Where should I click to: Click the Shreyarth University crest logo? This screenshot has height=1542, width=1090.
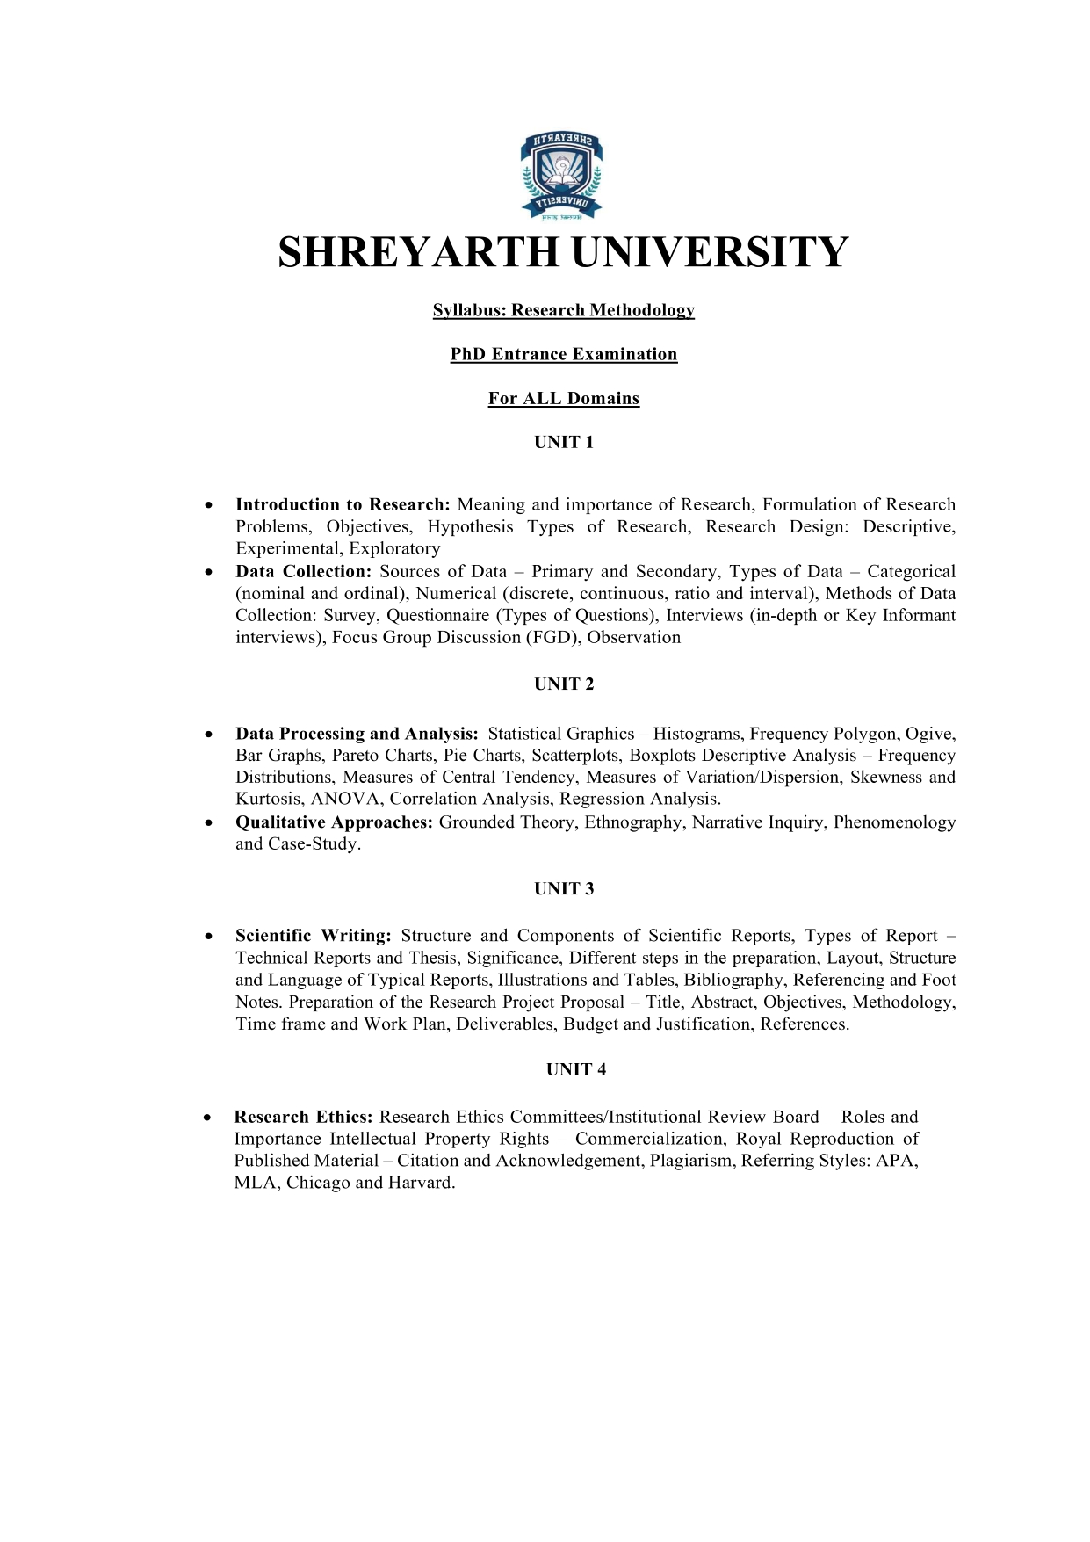tap(562, 176)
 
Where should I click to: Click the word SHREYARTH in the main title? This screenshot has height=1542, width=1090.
tap(418, 253)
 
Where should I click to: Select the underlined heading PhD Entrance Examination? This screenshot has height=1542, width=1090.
tap(564, 354)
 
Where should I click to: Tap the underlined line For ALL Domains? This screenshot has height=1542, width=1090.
tap(564, 399)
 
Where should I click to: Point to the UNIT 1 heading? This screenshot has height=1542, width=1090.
tap(564, 443)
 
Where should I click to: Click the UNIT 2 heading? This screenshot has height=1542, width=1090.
tap(564, 684)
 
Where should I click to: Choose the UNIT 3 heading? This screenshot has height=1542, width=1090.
tap(564, 889)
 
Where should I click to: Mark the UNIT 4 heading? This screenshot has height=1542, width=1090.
tap(576, 1070)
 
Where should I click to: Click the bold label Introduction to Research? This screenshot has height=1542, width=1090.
tap(343, 505)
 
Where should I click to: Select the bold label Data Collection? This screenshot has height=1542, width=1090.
tap(304, 572)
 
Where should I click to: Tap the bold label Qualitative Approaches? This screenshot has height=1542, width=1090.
tap(335, 822)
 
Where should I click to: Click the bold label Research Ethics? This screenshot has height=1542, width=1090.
tap(304, 1118)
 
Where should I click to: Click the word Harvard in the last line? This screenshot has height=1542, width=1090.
tap(421, 1183)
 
